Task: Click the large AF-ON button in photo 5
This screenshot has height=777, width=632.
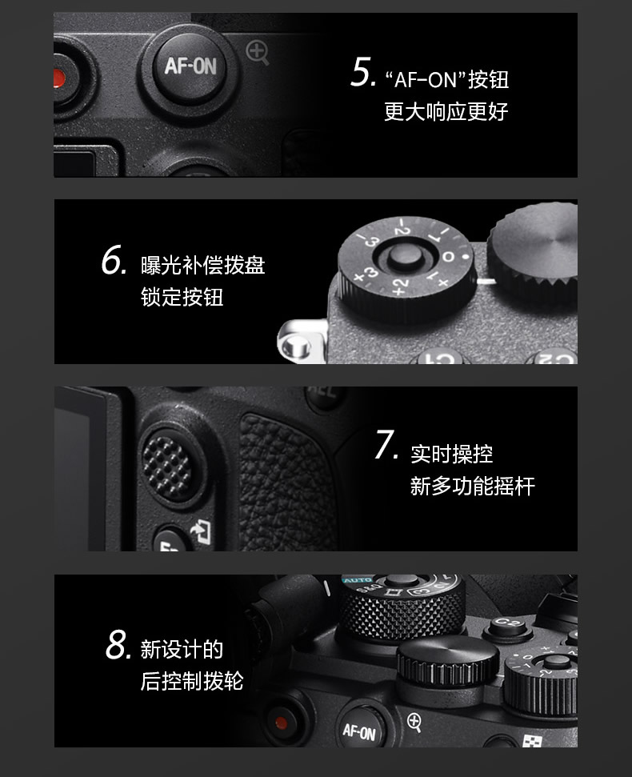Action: pyautogui.click(x=190, y=66)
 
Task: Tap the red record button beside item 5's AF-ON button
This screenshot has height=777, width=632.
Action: pyautogui.click(x=59, y=78)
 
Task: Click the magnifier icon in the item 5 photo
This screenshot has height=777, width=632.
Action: pyautogui.click(x=258, y=53)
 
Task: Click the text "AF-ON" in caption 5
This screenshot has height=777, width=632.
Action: pyautogui.click(x=425, y=80)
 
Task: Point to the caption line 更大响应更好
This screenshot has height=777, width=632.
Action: pyautogui.click(x=446, y=111)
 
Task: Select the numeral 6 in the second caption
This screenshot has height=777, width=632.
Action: pyautogui.click(x=113, y=260)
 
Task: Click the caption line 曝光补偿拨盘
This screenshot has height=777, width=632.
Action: pyautogui.click(x=202, y=265)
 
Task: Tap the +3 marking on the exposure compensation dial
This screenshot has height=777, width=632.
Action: pyautogui.click(x=366, y=274)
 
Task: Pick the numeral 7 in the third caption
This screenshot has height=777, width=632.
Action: pyautogui.click(x=386, y=444)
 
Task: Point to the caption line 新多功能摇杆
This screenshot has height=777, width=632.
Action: pyautogui.click(x=472, y=486)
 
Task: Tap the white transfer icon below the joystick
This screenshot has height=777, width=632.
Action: pyautogui.click(x=202, y=532)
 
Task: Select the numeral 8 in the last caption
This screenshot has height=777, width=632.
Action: pyautogui.click(x=118, y=644)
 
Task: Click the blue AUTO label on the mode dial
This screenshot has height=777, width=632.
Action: pyautogui.click(x=358, y=580)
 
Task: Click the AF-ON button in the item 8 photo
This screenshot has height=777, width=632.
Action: pyautogui.click(x=359, y=731)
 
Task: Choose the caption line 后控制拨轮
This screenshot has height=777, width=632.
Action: pyautogui.click(x=192, y=681)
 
